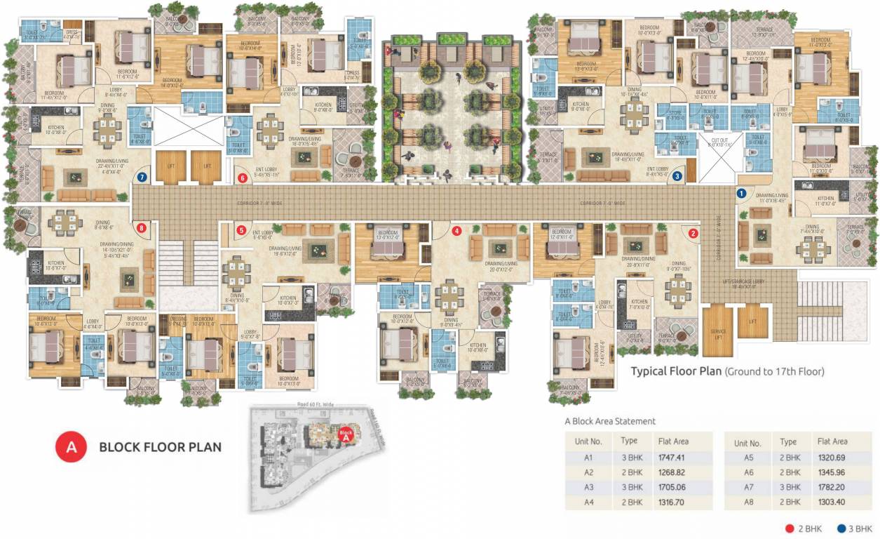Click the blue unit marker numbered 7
[142, 178]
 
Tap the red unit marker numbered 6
[243, 178]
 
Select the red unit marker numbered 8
[142, 227]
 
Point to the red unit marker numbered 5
[241, 229]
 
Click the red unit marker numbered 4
[457, 229]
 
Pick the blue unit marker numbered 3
[677, 177]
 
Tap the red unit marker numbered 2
[693, 234]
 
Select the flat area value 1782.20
[832, 487]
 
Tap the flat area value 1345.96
[832, 472]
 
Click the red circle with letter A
[71, 446]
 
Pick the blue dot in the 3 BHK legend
[840, 528]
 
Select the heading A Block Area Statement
[610, 421]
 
